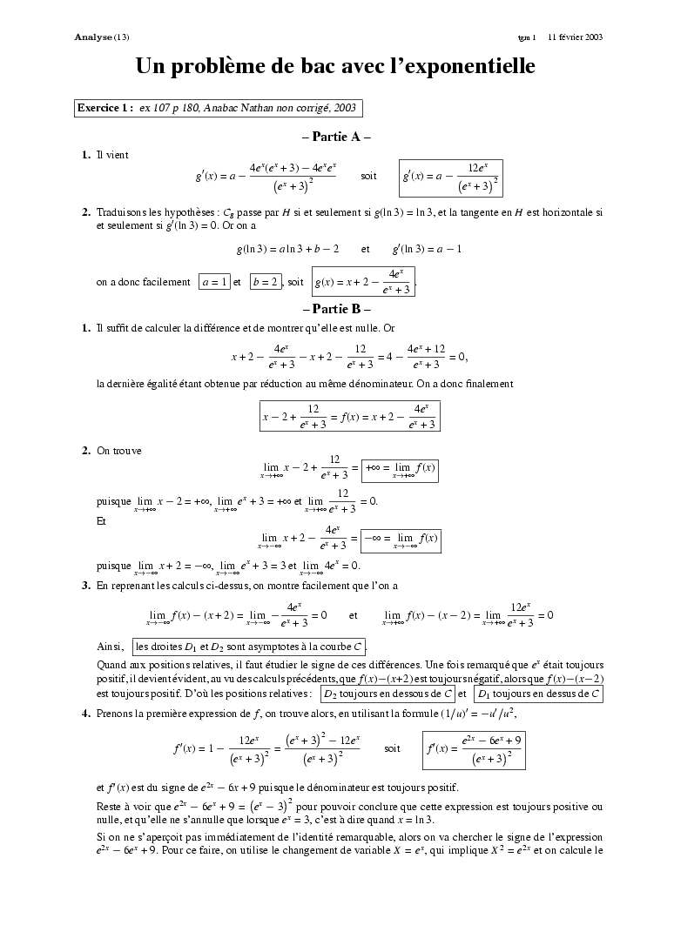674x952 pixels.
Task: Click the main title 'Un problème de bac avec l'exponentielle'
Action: pyautogui.click(x=335, y=66)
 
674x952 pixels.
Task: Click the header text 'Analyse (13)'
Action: pyautogui.click(x=102, y=37)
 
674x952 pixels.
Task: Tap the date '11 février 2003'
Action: pyautogui.click(x=575, y=37)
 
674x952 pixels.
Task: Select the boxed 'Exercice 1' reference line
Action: pyautogui.click(x=218, y=108)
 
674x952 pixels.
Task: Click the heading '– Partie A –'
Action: pyautogui.click(x=336, y=137)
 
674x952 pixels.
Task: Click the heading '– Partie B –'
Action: pyautogui.click(x=336, y=309)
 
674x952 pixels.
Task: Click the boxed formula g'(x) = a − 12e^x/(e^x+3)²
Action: pyautogui.click(x=450, y=177)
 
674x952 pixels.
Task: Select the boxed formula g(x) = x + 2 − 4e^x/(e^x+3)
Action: pyautogui.click(x=363, y=282)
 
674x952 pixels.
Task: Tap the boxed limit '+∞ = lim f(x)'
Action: pyautogui.click(x=400, y=470)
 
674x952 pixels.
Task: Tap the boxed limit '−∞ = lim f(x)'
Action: pyautogui.click(x=401, y=540)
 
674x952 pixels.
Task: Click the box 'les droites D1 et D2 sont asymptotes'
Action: pyautogui.click(x=250, y=647)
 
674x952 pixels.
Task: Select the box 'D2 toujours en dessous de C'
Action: pyautogui.click(x=387, y=694)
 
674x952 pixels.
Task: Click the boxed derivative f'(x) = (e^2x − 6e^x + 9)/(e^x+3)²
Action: pyautogui.click(x=472, y=748)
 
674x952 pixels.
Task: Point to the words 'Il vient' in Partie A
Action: pyautogui.click(x=112, y=155)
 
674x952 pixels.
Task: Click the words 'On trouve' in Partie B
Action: pyautogui.click(x=119, y=450)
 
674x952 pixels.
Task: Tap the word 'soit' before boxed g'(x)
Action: pyautogui.click(x=369, y=176)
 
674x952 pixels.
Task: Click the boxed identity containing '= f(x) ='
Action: pyautogui.click(x=349, y=416)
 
